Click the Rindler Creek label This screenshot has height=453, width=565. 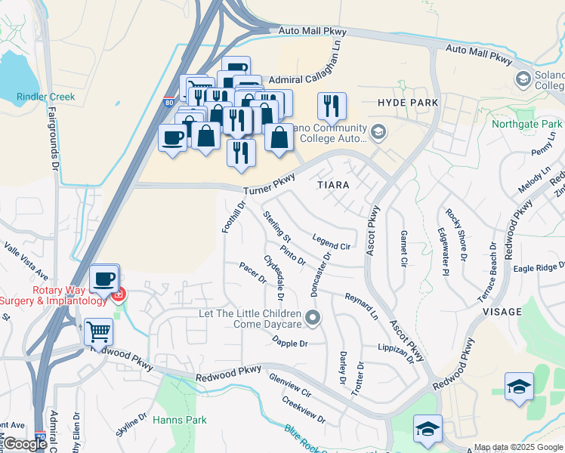(46, 97)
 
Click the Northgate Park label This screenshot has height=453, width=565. (527, 124)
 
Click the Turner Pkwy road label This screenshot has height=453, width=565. (268, 185)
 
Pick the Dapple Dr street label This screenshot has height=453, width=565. (290, 341)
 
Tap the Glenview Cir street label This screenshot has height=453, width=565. (290, 387)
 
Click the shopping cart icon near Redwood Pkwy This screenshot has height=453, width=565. (98, 331)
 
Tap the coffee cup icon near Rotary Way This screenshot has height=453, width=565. (104, 278)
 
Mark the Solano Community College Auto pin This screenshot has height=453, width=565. (378, 133)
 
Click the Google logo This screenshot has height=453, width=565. (25, 444)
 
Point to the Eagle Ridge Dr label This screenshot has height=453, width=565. (539, 267)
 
